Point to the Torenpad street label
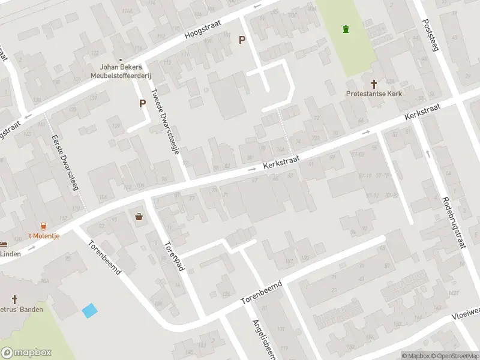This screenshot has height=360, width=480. pyautogui.click(x=173, y=257)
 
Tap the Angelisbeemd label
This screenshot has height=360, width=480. pyautogui.click(x=261, y=336)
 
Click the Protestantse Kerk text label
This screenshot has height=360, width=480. pyautogui.click(x=374, y=94)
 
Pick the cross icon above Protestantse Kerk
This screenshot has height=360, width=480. pyautogui.click(x=374, y=84)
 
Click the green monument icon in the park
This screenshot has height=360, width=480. pyautogui.click(x=345, y=29)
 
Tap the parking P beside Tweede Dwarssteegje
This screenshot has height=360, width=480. pyautogui.click(x=143, y=103)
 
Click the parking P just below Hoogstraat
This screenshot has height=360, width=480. pyautogui.click(x=242, y=40)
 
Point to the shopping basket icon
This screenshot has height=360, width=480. pyautogui.click(x=140, y=217)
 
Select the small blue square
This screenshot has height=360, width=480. pyautogui.click(x=89, y=311)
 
